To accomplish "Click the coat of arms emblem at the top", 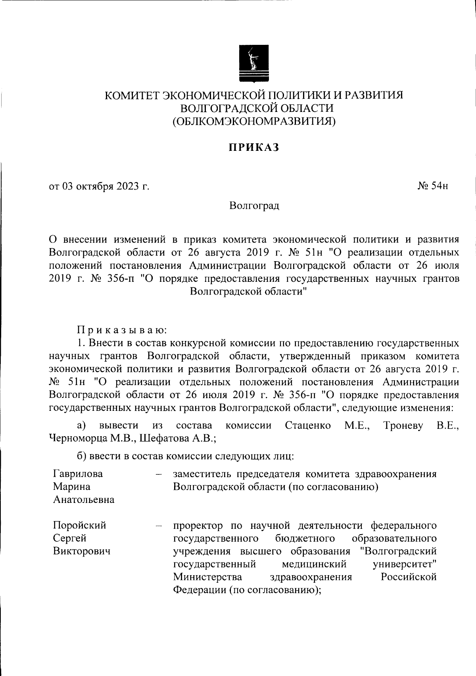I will (253, 64).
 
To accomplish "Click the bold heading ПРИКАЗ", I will (254, 148).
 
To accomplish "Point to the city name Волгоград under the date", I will (254, 206).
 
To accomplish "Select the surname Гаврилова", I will (78, 474).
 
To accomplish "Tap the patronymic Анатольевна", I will (84, 499).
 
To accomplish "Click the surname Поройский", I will (80, 525).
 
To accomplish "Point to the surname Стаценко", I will (308, 426).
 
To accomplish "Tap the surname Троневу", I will (403, 426).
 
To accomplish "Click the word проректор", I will (198, 526).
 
